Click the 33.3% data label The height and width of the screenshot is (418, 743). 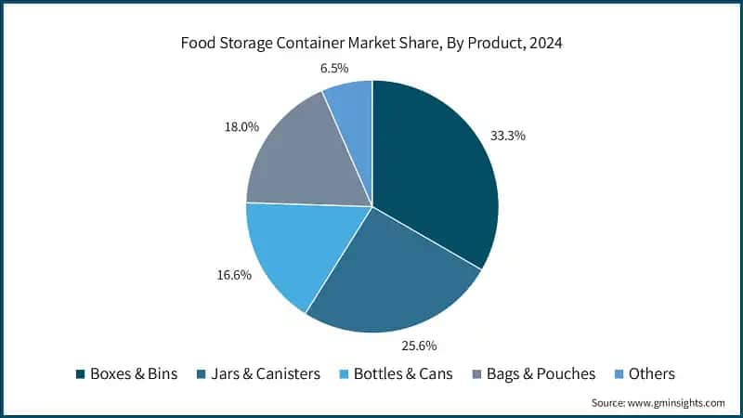point(508,136)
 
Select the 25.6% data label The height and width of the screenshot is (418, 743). point(419,346)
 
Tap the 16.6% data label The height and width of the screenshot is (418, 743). point(233,275)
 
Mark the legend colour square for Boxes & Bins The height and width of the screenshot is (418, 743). point(81,374)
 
